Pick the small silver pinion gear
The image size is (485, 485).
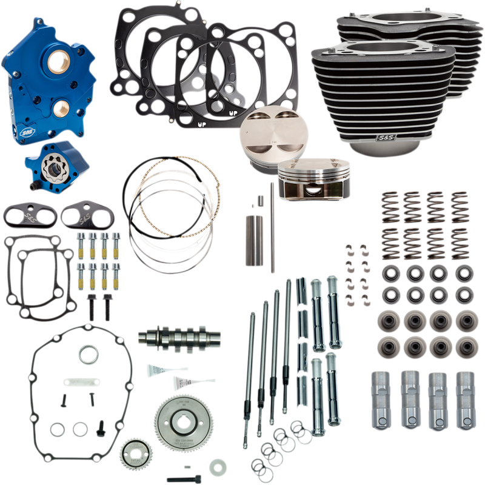(x=133, y=453)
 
